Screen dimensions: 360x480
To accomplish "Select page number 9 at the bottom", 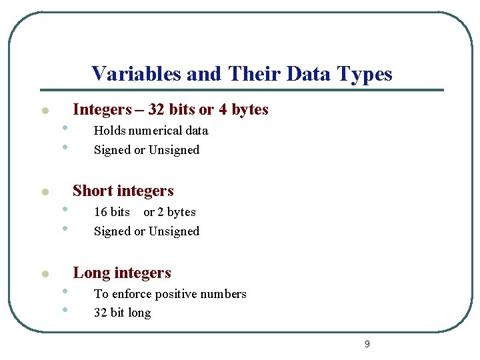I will (367, 344).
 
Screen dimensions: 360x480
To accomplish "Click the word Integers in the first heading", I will (102, 109).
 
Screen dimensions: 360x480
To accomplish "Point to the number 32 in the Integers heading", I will (157, 109).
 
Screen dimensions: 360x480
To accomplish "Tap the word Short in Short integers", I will (91, 191).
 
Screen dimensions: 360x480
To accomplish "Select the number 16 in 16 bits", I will (100, 212).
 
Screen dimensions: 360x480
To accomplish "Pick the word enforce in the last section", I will (132, 294).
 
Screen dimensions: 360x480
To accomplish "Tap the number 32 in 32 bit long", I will (101, 313).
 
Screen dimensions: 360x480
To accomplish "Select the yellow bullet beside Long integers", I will (44, 274).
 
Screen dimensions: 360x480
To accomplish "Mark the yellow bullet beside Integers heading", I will (44, 111).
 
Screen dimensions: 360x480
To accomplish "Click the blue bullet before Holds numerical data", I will (65, 128).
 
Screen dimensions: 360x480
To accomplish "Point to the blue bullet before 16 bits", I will (65, 209).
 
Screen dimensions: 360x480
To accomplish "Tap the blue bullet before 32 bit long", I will (65, 310).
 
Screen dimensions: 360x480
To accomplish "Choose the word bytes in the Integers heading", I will (250, 109).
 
